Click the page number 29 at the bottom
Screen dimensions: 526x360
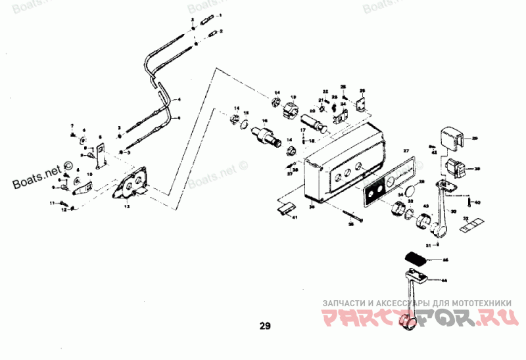(264, 325)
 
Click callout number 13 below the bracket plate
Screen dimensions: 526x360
(128, 206)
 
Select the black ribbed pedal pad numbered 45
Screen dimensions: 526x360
(416, 258)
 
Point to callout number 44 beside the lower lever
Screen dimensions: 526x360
(444, 281)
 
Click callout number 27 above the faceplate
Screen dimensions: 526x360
(406, 152)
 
